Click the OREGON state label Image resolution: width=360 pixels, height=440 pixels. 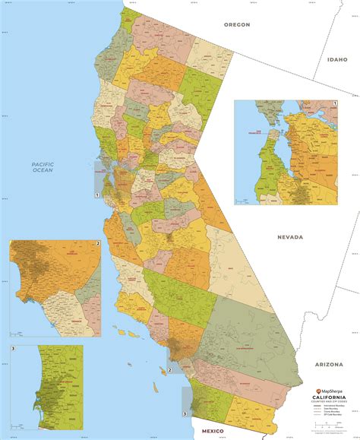coord(236,24)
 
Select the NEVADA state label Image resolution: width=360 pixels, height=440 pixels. coord(290,237)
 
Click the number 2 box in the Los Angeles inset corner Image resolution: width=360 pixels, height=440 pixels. coord(98,243)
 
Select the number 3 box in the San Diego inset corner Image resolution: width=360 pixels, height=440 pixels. coord(13,347)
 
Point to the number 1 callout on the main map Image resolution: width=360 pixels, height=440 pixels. coord(96,195)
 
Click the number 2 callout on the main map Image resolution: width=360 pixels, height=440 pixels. coord(170,370)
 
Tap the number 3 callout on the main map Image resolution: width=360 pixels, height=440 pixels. coord(185,413)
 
